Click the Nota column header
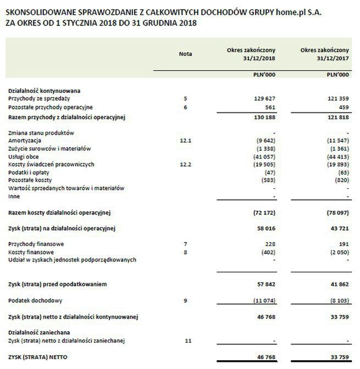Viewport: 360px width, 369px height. pos(186,54)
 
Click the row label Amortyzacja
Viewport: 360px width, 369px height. pos(24,141)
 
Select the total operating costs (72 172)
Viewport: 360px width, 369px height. pos(262,212)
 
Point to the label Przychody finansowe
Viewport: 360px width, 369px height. pos(34,244)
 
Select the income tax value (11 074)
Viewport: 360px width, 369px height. pos(262,301)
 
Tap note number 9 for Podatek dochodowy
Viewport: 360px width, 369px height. pos(186,301)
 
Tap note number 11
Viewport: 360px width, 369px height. pos(187,341)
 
